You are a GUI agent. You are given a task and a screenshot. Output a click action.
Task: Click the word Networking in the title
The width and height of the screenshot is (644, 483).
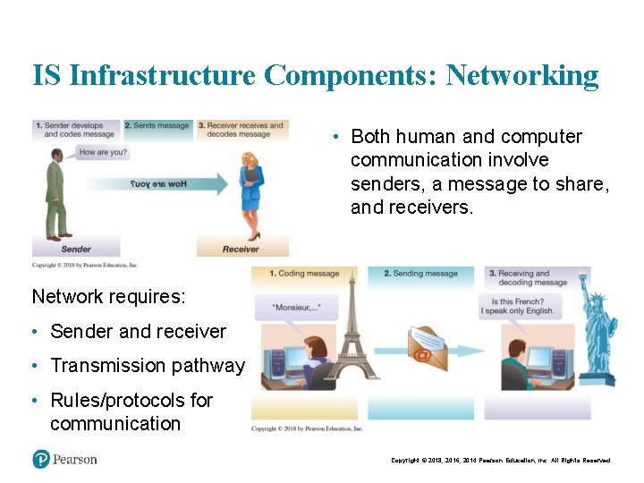pos(522,75)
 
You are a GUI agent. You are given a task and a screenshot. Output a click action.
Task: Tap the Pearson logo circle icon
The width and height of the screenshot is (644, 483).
pos(40,459)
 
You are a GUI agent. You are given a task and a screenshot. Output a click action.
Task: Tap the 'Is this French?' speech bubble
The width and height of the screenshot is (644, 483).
pos(518,306)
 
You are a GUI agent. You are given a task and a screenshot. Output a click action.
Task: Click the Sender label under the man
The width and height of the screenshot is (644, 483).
pos(76,249)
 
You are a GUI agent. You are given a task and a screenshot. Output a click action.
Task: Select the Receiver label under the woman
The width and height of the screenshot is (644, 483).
pos(241,249)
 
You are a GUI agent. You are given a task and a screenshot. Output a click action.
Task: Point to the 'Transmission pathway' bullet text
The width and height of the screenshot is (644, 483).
pos(147,366)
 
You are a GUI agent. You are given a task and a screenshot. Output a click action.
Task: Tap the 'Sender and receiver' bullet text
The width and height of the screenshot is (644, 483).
pos(138,332)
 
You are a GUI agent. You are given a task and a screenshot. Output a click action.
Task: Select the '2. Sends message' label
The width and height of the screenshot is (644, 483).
pos(157,126)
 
